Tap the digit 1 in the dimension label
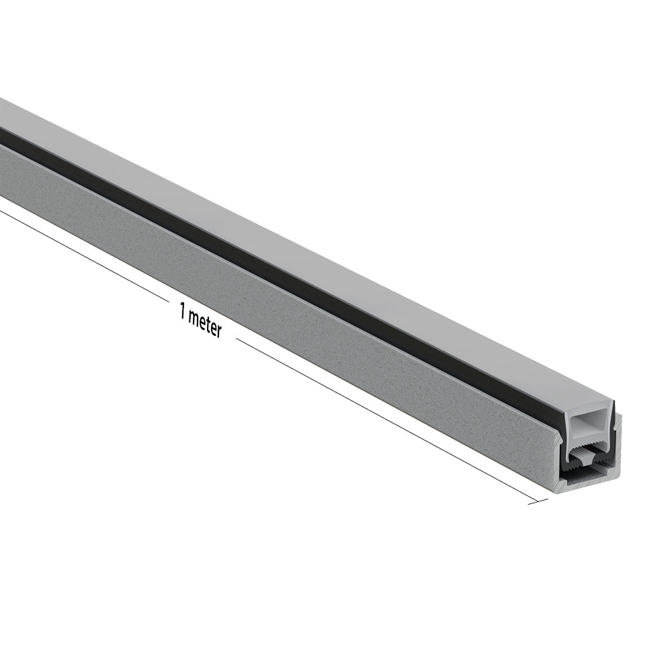tap(182, 312)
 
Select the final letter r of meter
tap(218, 332)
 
